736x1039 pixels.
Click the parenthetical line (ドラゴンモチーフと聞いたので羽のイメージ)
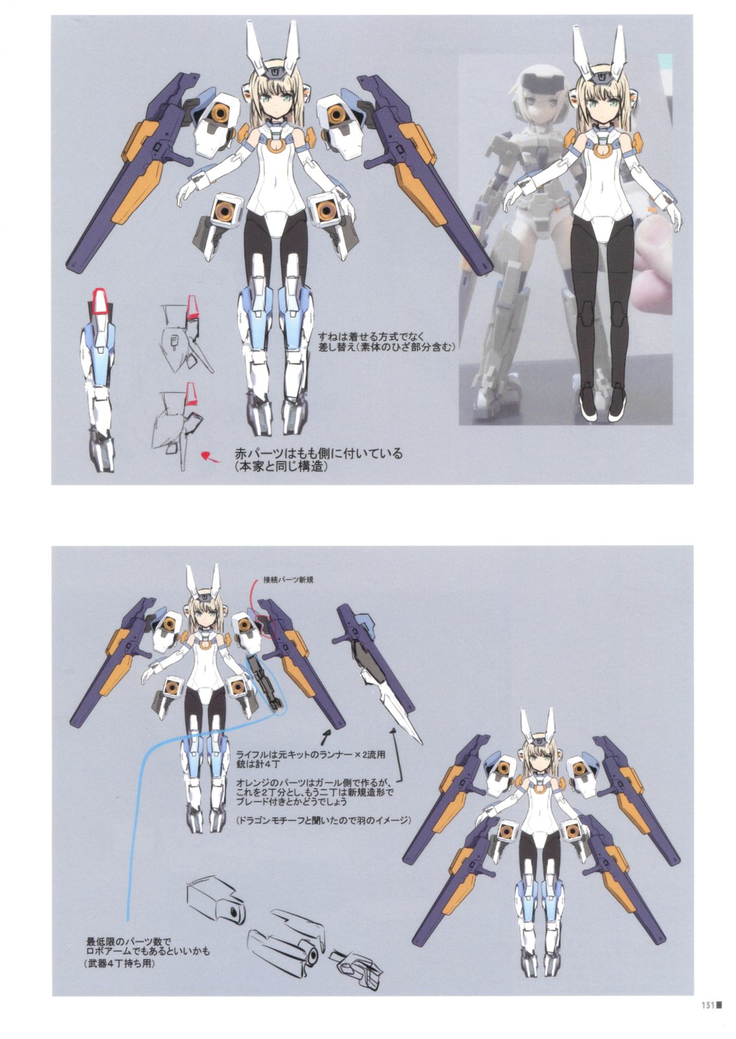click(324, 820)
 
